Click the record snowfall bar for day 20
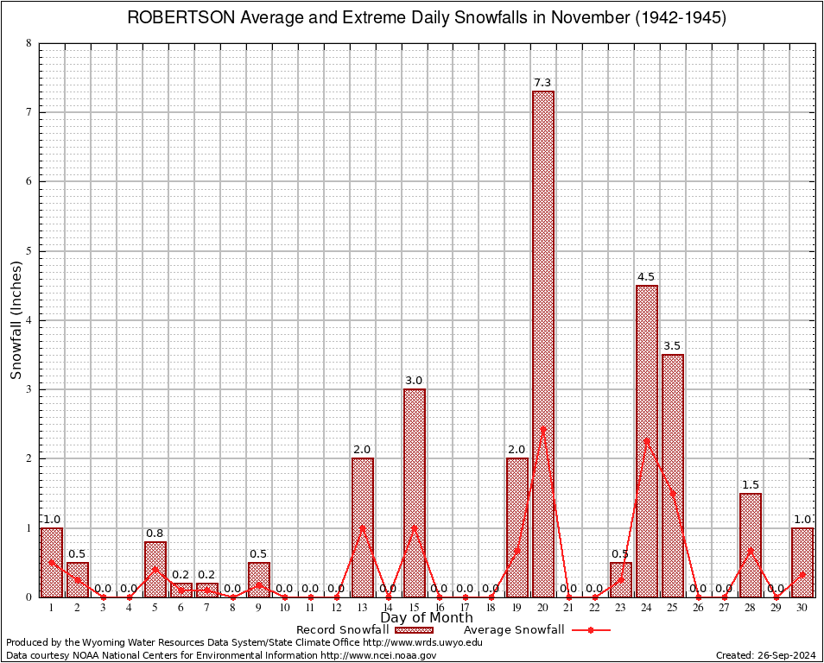[x=542, y=345]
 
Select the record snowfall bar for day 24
[x=646, y=440]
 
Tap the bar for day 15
[x=414, y=492]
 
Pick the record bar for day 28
[x=750, y=544]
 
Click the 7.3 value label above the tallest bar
[x=542, y=83]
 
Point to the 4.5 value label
[x=646, y=277]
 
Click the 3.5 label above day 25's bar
[x=672, y=346]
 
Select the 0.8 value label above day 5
[x=155, y=534]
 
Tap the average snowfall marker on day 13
[x=362, y=527]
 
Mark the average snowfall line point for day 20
[x=542, y=428]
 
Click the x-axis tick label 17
[x=465, y=608]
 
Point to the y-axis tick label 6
[x=29, y=181]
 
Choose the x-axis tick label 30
[x=802, y=608]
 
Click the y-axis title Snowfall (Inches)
[x=16, y=320]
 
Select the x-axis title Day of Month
[x=427, y=618]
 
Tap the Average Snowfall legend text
[x=508, y=630]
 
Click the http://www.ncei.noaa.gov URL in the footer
[x=378, y=656]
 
